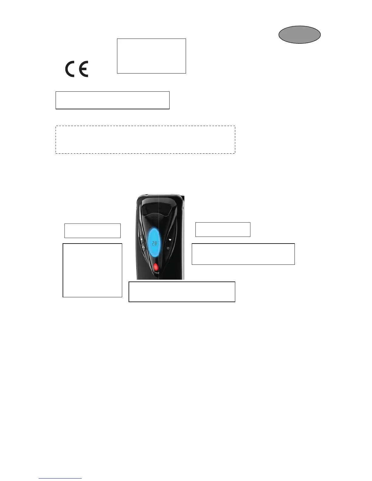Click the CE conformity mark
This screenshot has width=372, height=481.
pyautogui.click(x=77, y=69)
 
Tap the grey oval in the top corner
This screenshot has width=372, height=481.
pyautogui.click(x=299, y=35)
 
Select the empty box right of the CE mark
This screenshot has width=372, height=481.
pyautogui.click(x=151, y=56)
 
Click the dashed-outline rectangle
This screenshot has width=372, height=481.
pyautogui.click(x=145, y=140)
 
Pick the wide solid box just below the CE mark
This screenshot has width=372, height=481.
pyautogui.click(x=112, y=100)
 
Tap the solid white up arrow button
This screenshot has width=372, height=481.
pyautogui.click(x=142, y=240)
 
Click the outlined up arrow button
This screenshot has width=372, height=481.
pyautogui.click(x=143, y=247)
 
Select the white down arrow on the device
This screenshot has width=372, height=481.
pyautogui.click(x=170, y=240)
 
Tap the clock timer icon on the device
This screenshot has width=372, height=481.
pyautogui.click(x=168, y=248)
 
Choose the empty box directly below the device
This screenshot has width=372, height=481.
pyautogui.click(x=182, y=292)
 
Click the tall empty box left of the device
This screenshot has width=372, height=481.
pyautogui.click(x=92, y=270)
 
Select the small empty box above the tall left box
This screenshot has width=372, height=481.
pyautogui.click(x=92, y=231)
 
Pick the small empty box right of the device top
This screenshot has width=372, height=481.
pyautogui.click(x=223, y=229)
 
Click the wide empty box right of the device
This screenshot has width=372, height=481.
pyautogui.click(x=243, y=254)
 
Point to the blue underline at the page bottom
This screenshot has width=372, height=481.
pyautogui.click(x=60, y=479)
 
